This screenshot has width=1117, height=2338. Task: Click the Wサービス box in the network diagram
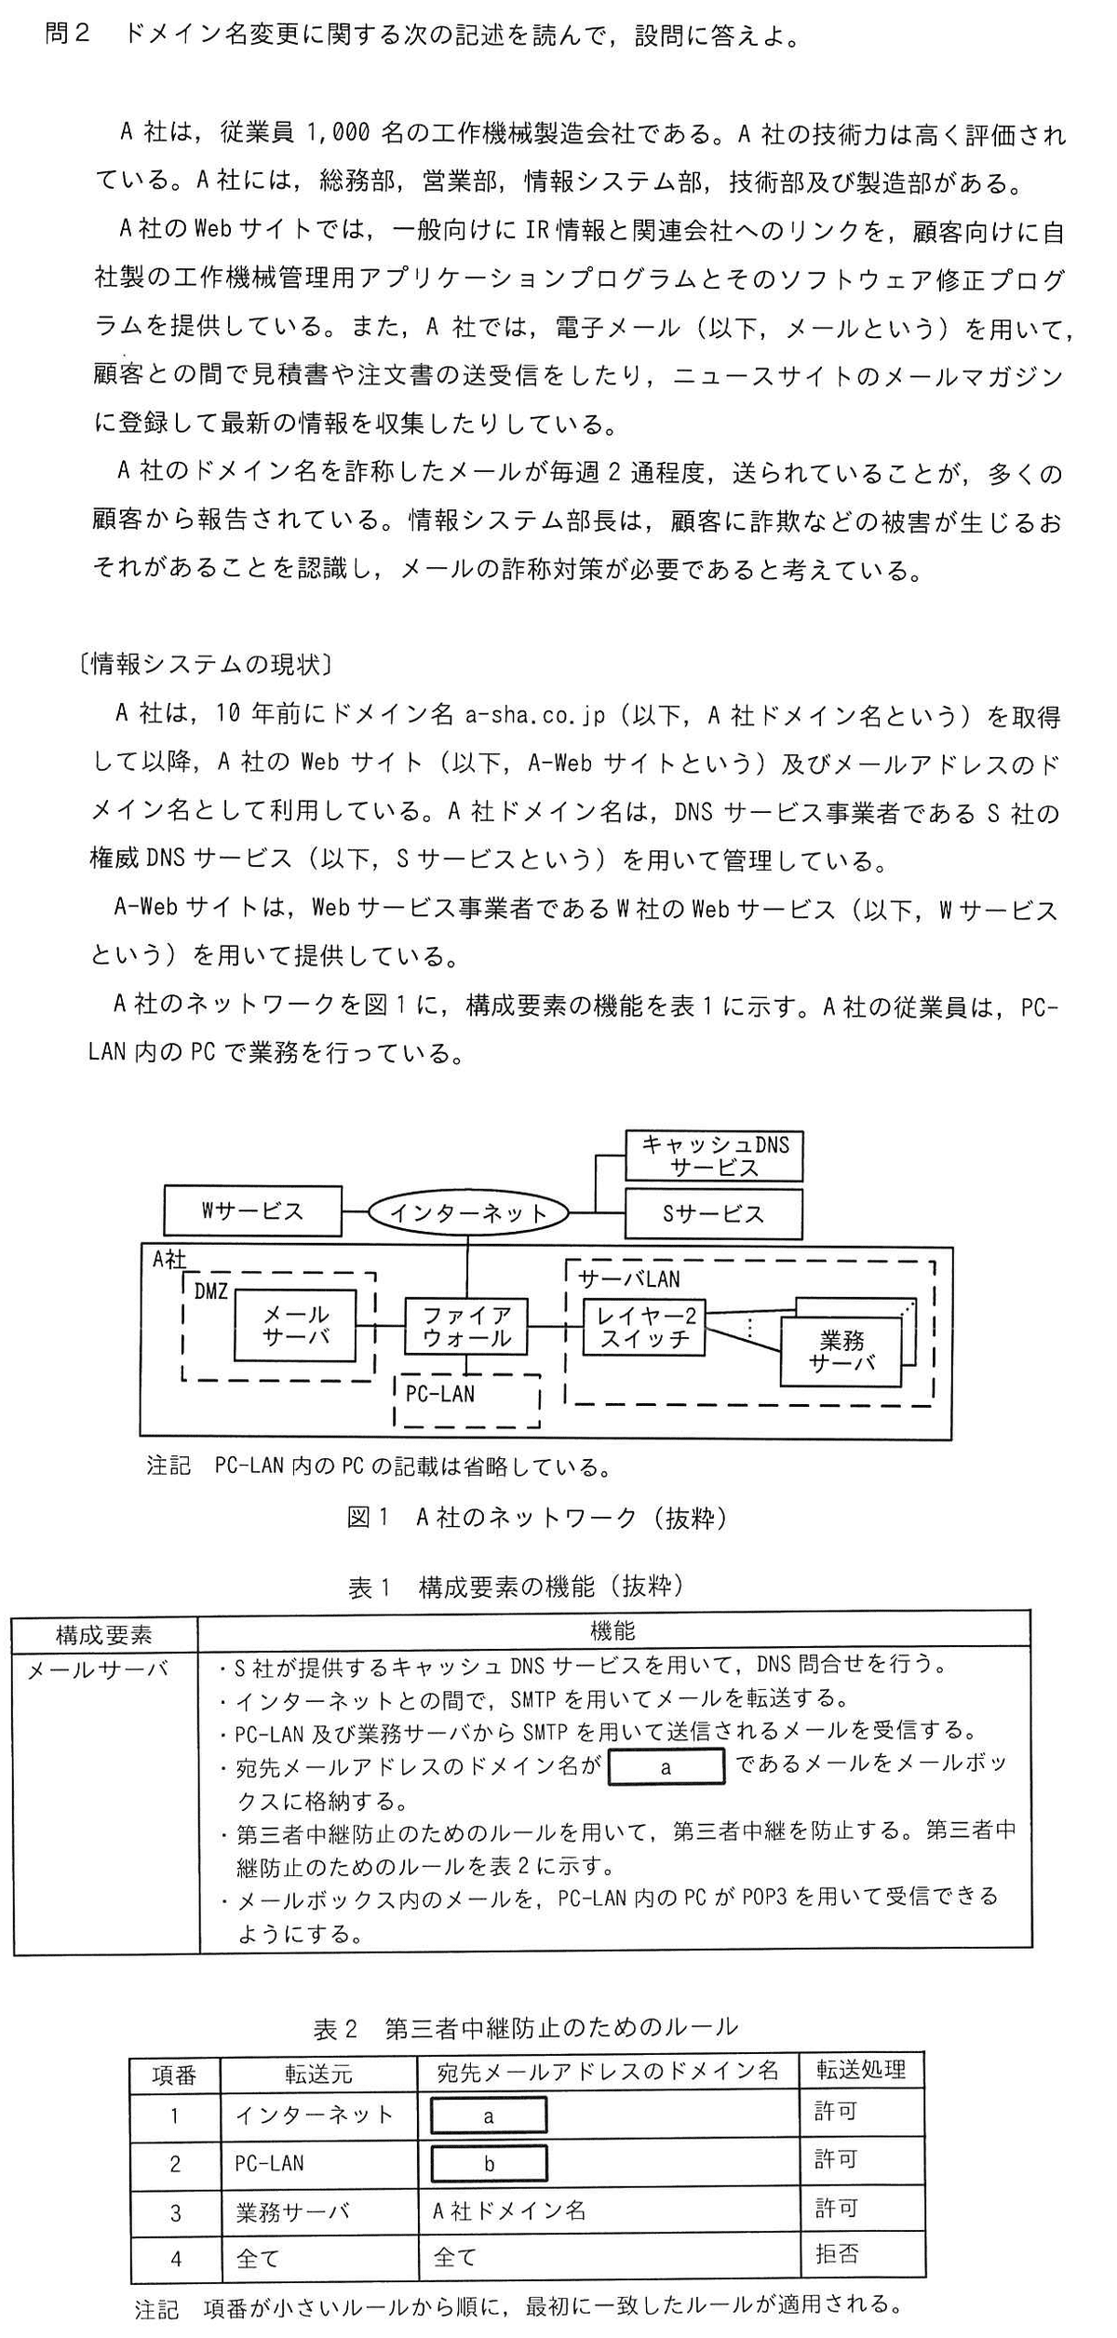[252, 1211]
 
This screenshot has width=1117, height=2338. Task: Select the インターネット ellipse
[467, 1212]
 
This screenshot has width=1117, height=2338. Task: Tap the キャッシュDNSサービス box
[713, 1155]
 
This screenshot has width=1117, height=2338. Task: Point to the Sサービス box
[713, 1213]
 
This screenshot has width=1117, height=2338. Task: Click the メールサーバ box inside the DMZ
[295, 1325]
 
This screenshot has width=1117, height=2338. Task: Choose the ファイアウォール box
[466, 1327]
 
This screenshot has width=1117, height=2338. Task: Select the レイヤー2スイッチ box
[644, 1327]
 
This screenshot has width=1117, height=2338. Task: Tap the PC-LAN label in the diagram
[440, 1394]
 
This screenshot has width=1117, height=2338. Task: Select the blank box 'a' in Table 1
[666, 1766]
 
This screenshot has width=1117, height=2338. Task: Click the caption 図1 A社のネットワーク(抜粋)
[537, 1517]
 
